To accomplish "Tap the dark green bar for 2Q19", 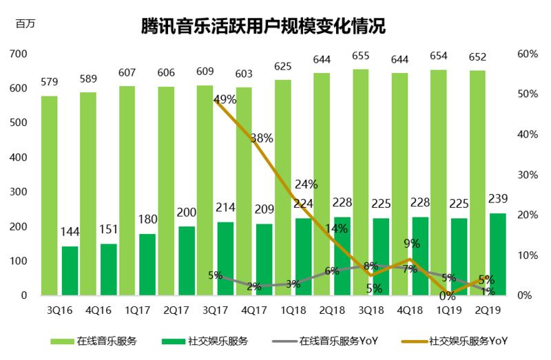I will pyautogui.click(x=497, y=254).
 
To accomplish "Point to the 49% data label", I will pyautogui.click(x=225, y=99).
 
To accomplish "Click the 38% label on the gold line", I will pyautogui.click(x=262, y=138).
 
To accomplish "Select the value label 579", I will pyautogui.click(x=49, y=82).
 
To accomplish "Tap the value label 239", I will pyautogui.click(x=497, y=199).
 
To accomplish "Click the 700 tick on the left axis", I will pyautogui.click(x=19, y=54).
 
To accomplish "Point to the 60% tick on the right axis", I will pyautogui.click(x=527, y=54).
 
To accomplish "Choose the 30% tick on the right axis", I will pyautogui.click(x=527, y=175).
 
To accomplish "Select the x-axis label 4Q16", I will pyautogui.click(x=98, y=310).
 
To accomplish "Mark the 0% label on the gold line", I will pyautogui.click(x=448, y=296).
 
